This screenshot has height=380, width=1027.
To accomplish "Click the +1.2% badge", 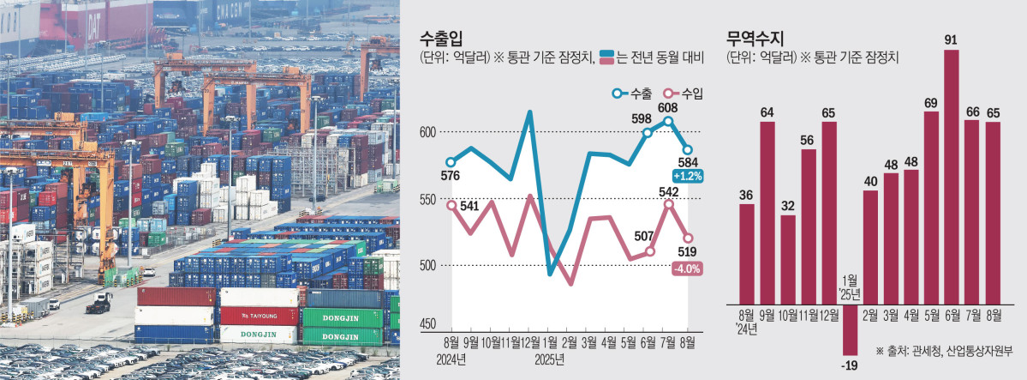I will (x=689, y=176).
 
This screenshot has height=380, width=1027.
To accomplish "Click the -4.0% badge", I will (x=689, y=268).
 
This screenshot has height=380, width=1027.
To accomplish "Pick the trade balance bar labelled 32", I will (x=788, y=257).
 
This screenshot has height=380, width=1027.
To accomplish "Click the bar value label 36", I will (x=746, y=195).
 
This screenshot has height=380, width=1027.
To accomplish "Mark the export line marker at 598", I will (x=648, y=132).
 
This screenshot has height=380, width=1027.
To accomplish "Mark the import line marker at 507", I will (x=650, y=251).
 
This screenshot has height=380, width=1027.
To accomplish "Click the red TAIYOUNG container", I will (x=259, y=315).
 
